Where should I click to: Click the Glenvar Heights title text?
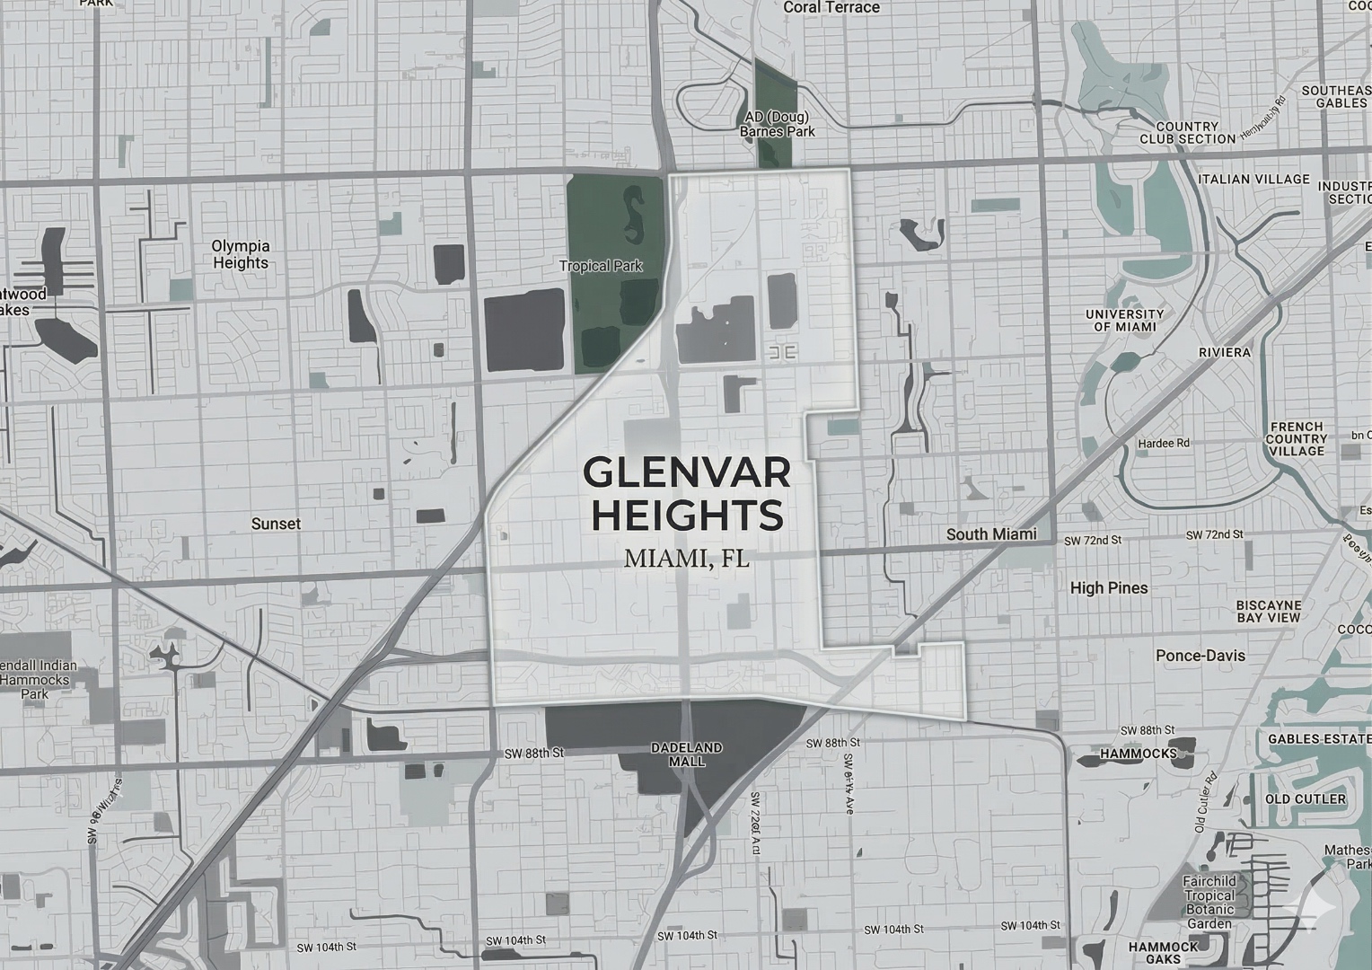coord(687,493)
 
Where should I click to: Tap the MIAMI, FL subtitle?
coord(687,559)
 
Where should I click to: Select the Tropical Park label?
coord(601,266)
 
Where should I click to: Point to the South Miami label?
coord(991,534)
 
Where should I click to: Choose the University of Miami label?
coord(1124,321)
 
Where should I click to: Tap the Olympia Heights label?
coord(240,254)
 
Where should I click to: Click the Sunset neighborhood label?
coord(276,524)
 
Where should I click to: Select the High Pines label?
coord(1109,588)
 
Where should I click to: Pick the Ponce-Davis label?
coord(1201,656)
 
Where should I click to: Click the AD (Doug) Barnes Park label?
coord(777,124)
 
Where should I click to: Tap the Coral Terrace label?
coord(831,7)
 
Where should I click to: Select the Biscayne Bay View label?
coord(1268,612)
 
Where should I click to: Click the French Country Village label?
coord(1296,438)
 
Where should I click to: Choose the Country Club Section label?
coord(1187,133)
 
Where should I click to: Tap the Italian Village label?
coord(1253,180)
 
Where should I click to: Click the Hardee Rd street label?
coord(1163,444)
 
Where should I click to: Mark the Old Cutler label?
coord(1305,799)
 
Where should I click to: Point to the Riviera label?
coord(1225,352)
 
